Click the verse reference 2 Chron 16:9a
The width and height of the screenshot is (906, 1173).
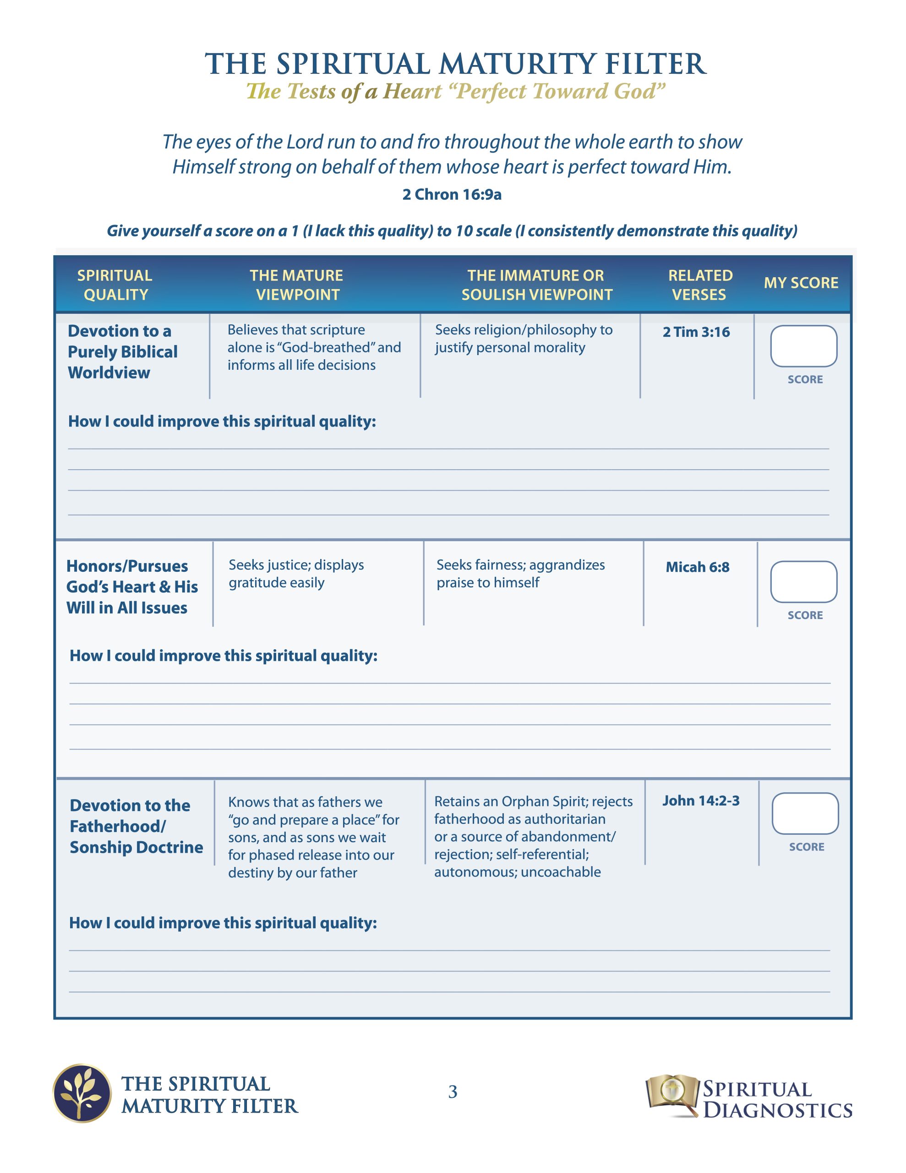[x=452, y=194]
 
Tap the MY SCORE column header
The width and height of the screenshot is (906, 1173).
[x=801, y=283]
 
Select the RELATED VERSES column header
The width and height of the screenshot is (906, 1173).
[x=700, y=285]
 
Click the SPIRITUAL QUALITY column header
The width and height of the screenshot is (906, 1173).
[x=115, y=285]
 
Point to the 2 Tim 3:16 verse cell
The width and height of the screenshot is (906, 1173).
[x=696, y=332]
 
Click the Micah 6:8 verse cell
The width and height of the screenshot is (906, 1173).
[x=697, y=567]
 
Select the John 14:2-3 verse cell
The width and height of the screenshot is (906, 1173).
[x=700, y=801]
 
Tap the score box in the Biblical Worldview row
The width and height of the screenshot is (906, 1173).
[x=803, y=346]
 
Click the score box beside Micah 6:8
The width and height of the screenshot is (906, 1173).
[x=803, y=581]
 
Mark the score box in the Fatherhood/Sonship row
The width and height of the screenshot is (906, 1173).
[x=804, y=814]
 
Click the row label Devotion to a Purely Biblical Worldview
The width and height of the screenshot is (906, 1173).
[x=122, y=352]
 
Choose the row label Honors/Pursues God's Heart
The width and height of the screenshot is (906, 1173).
[x=131, y=587]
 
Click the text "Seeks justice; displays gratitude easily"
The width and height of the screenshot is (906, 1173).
[x=296, y=574]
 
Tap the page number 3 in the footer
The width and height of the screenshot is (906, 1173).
[x=453, y=1092]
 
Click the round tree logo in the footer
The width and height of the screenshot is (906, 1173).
[x=82, y=1094]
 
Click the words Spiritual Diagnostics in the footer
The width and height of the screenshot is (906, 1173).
[x=776, y=1099]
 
